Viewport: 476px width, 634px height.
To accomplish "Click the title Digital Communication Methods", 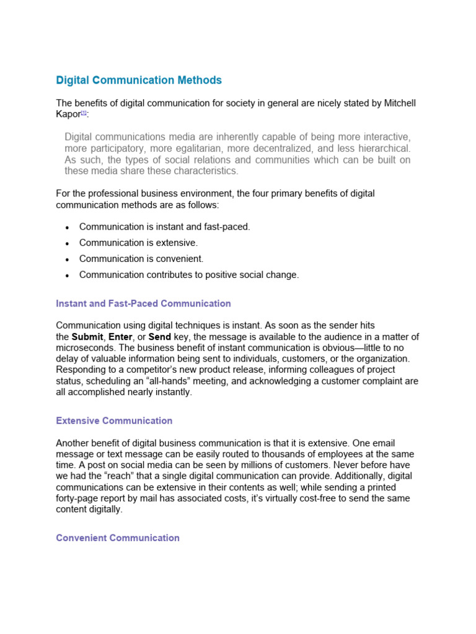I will [139, 80].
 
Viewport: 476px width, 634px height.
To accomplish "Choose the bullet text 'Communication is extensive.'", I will [138, 243].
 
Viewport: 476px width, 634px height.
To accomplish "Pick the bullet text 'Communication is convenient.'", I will [141, 259].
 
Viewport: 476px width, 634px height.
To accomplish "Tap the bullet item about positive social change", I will [189, 275].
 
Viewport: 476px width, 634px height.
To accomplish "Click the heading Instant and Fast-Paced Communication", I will [143, 304].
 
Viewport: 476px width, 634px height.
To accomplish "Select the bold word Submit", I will [88, 337].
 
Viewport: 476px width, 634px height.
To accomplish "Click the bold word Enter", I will [121, 337].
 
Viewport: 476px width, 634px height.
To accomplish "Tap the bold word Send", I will [159, 337].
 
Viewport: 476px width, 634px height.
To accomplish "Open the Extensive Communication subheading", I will [114, 421].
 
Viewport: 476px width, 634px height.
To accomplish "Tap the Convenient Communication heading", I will [118, 538].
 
